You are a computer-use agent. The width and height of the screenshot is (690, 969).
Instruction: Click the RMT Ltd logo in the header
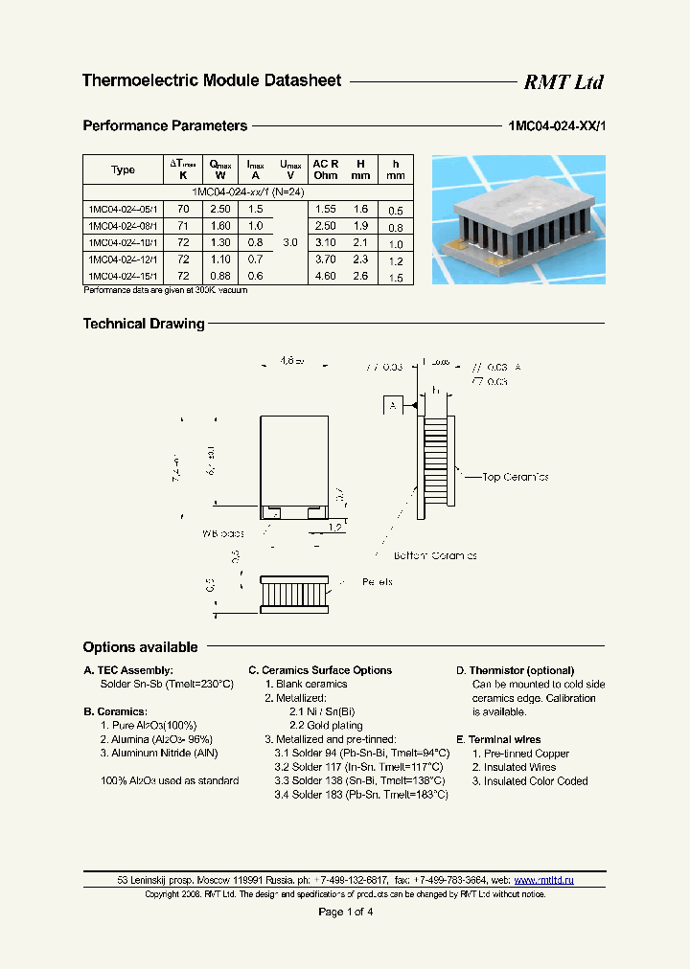click(563, 82)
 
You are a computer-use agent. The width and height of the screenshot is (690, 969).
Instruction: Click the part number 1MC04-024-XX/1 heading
click(557, 126)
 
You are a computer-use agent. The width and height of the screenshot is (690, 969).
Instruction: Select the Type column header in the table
click(123, 170)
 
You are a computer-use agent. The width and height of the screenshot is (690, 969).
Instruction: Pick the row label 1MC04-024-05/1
click(124, 209)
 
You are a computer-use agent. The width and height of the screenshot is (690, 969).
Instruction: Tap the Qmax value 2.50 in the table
click(219, 209)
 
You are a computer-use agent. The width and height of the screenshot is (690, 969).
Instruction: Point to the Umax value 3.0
click(290, 243)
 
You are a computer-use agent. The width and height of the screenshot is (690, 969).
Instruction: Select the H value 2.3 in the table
click(359, 259)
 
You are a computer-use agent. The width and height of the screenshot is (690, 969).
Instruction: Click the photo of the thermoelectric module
click(518, 220)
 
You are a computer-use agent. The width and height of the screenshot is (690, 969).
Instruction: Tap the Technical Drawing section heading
click(144, 325)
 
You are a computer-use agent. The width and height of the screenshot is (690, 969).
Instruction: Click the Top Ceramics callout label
click(516, 476)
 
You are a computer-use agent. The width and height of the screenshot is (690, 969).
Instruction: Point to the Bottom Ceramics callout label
click(435, 555)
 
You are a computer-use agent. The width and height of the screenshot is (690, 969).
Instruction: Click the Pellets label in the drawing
click(377, 581)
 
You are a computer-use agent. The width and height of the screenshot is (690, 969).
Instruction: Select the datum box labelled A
click(393, 407)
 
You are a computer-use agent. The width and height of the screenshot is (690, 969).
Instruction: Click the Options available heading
click(140, 647)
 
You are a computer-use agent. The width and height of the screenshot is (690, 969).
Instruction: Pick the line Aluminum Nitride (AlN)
click(159, 754)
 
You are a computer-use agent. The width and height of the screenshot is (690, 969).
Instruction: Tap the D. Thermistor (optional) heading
click(515, 670)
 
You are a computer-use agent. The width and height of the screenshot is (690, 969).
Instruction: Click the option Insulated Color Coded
click(528, 781)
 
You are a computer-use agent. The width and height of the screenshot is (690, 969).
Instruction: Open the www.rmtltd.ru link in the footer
click(543, 880)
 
